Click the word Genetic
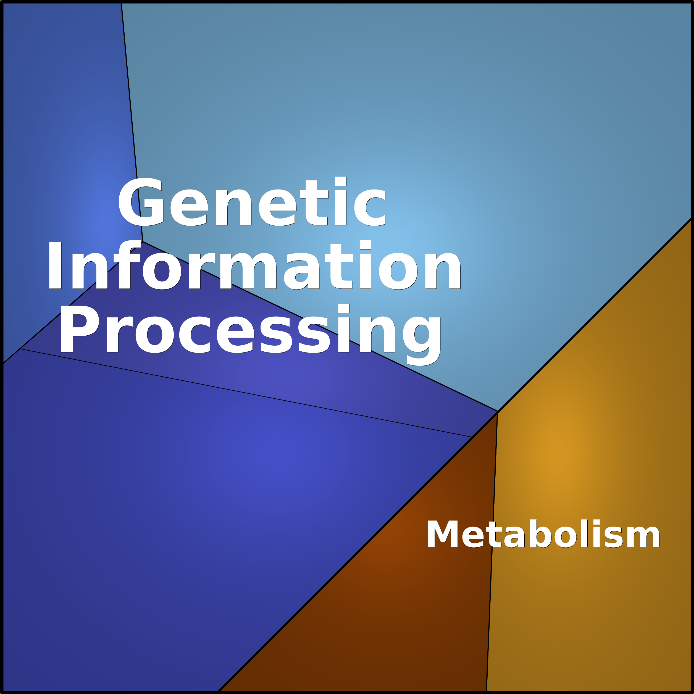251,201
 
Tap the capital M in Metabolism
443,534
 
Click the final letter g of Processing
421,341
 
